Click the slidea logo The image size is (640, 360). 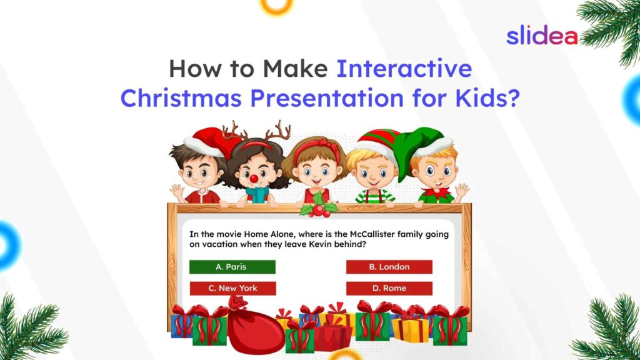click(x=541, y=36)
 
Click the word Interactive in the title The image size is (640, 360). click(x=404, y=68)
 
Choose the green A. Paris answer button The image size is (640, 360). click(x=232, y=267)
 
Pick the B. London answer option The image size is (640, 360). click(x=389, y=267)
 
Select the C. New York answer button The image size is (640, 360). click(x=232, y=288)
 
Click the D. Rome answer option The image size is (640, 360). click(x=389, y=288)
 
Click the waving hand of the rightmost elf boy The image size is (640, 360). click(x=461, y=189)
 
